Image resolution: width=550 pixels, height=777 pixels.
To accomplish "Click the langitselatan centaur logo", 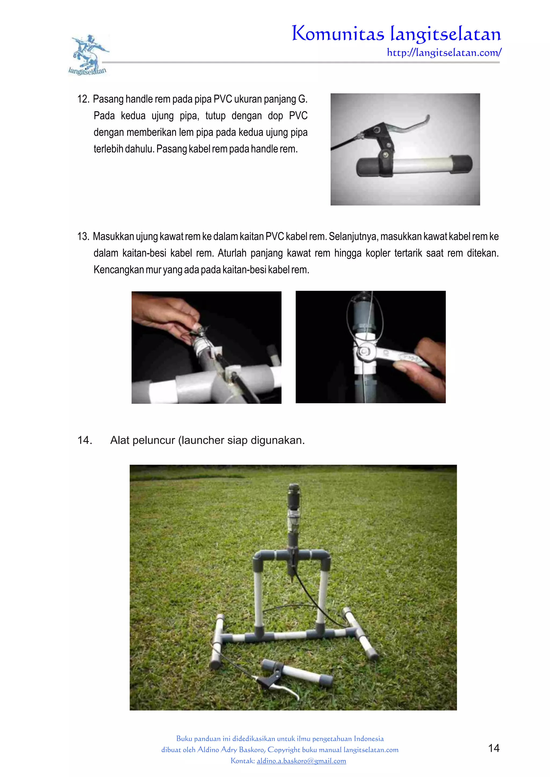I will [x=89, y=54].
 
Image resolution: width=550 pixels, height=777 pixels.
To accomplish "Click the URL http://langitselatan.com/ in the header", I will [x=444, y=53].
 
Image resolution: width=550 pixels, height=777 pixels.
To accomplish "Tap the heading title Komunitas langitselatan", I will [x=396, y=34].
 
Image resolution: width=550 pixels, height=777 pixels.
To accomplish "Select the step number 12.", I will [x=83, y=99].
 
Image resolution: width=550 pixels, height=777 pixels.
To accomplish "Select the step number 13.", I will [x=83, y=237].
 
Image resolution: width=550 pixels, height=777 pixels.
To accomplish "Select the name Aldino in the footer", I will [x=208, y=750].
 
